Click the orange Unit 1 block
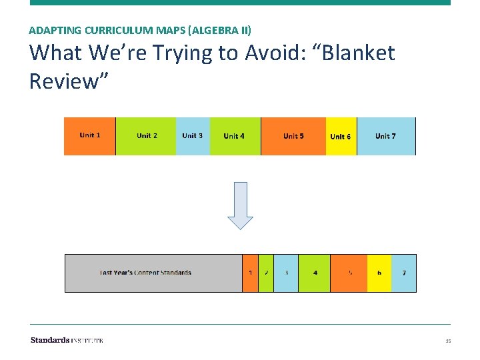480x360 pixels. click(90, 136)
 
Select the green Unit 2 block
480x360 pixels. click(147, 136)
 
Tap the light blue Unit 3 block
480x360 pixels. click(193, 136)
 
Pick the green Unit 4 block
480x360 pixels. click(235, 136)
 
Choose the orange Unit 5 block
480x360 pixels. click(293, 136)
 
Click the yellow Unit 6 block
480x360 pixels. click(341, 136)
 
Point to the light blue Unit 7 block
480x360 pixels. click(386, 136)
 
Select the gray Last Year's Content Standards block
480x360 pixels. click(153, 273)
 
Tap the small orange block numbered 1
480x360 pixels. click(250, 273)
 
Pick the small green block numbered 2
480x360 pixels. click(266, 273)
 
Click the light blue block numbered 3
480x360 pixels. click(286, 273)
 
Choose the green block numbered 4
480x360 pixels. click(315, 273)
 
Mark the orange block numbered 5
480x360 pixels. click(349, 273)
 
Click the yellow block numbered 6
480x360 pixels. click(379, 273)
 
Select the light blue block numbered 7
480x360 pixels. click(404, 273)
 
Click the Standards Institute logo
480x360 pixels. click(67, 340)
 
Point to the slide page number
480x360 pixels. click(448, 341)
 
